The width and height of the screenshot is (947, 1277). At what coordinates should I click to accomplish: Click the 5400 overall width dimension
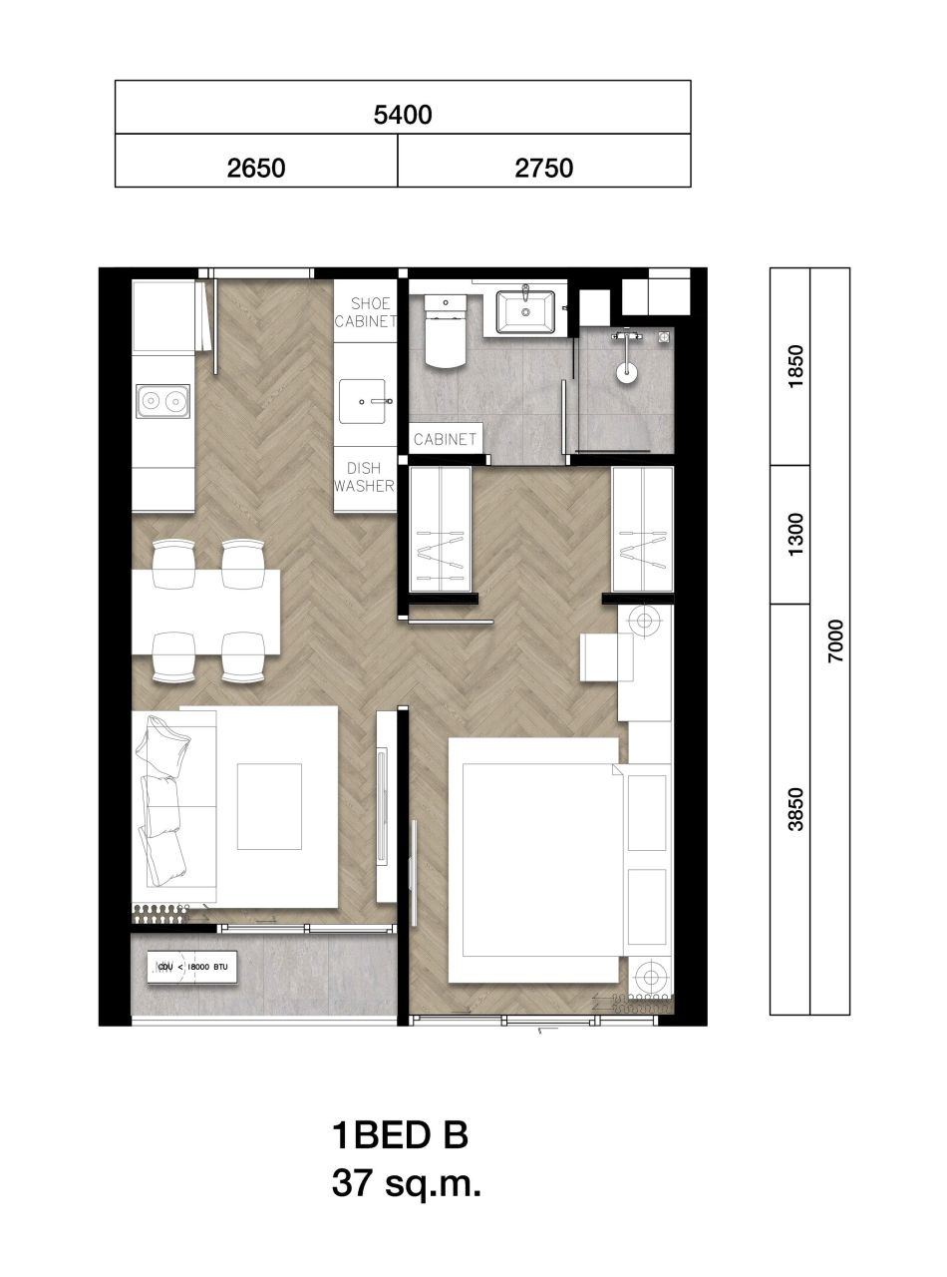(x=403, y=115)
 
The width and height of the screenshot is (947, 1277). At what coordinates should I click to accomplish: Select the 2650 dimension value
(x=256, y=168)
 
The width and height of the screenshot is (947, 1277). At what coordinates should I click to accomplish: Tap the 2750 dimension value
(x=544, y=168)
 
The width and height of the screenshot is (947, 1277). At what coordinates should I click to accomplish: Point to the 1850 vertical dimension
(x=794, y=367)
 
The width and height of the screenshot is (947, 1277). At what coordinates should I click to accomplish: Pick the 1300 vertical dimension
(x=794, y=535)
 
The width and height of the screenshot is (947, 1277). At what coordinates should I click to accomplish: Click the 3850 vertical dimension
(x=794, y=808)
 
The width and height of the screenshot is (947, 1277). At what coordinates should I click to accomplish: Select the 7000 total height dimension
(x=835, y=641)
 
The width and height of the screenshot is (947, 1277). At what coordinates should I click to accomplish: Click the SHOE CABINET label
(x=365, y=312)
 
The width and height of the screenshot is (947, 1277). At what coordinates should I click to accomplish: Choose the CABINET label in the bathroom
(x=446, y=439)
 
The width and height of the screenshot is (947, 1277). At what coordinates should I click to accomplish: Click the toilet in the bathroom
(x=445, y=329)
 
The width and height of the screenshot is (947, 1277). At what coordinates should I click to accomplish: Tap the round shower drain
(x=626, y=375)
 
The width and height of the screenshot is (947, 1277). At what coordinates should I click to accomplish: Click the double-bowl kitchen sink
(x=162, y=401)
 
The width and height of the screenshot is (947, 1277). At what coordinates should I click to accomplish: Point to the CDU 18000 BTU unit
(x=193, y=967)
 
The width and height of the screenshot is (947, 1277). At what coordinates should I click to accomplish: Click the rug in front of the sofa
(x=269, y=806)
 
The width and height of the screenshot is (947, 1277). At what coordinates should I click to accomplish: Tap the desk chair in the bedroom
(x=606, y=657)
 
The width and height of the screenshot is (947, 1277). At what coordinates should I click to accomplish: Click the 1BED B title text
(x=399, y=1135)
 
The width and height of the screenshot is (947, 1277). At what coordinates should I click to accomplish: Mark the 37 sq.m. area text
(x=407, y=1184)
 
